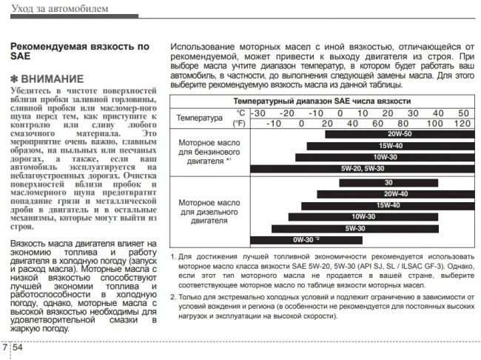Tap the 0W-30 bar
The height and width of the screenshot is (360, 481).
tap(306, 239)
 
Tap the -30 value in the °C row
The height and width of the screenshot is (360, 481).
tap(258, 113)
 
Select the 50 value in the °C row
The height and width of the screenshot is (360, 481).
tap(463, 113)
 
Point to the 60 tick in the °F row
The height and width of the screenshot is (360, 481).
tap(377, 123)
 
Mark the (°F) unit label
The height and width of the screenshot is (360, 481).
tap(238, 123)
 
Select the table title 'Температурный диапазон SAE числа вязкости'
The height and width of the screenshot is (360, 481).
tap(322, 100)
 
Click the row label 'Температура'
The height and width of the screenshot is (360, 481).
tap(199, 118)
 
